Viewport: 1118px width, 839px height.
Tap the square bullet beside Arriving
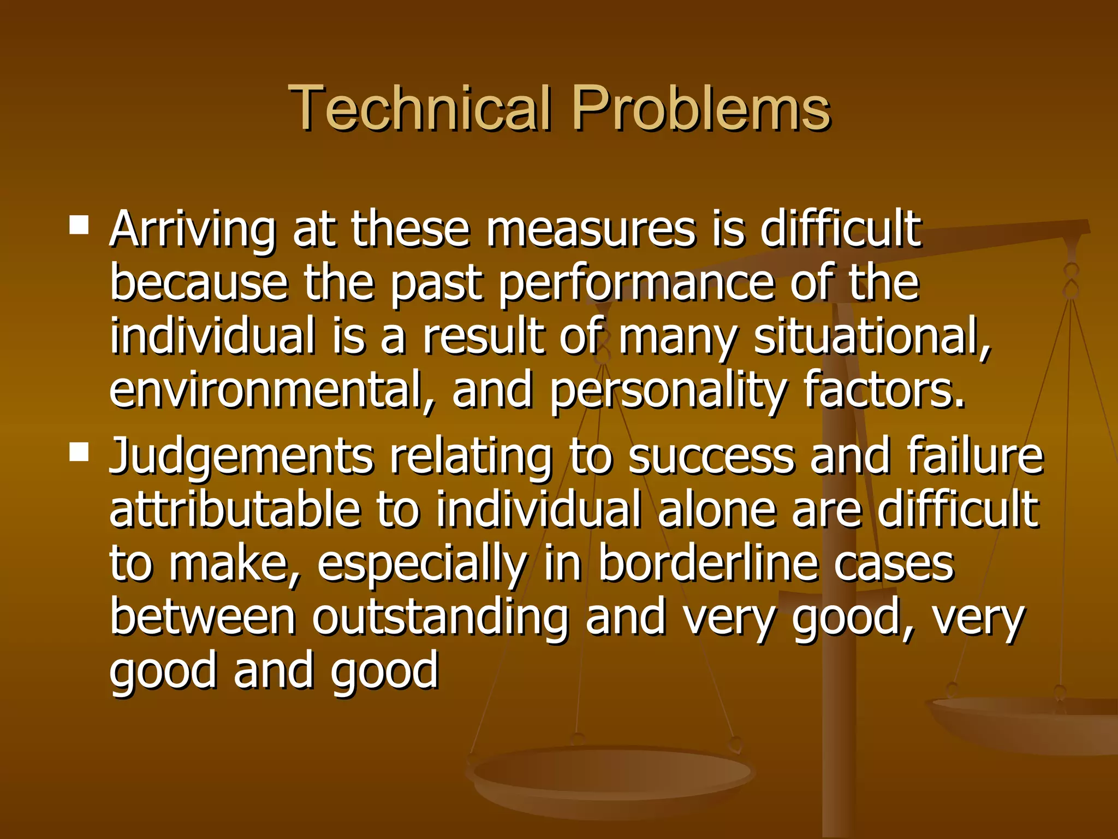tap(79, 224)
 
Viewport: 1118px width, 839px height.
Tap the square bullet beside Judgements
tap(79, 452)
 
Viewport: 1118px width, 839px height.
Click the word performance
tap(636, 284)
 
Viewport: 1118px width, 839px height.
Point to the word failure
tap(974, 456)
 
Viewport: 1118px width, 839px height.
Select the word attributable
tap(235, 509)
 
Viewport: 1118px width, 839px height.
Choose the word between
tap(203, 617)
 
